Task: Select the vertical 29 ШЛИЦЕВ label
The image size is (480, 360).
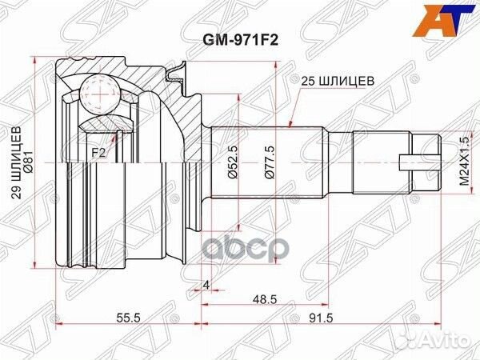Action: pos(17,162)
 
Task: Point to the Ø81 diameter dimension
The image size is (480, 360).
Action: pos(29,162)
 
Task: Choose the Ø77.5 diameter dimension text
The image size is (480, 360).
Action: pos(270,162)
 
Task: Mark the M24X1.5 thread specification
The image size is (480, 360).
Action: pos(464,162)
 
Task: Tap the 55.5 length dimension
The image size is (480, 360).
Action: pos(128,206)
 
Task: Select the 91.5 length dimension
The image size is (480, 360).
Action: pos(321,206)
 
